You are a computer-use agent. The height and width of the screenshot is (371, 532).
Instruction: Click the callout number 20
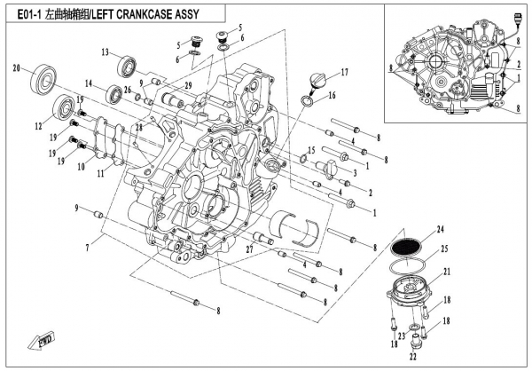[17, 67]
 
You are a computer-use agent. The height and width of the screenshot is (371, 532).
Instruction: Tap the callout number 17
[345, 72]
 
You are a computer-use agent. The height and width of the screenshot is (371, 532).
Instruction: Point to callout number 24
[441, 229]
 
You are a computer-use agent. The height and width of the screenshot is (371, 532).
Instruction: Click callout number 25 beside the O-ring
[445, 249]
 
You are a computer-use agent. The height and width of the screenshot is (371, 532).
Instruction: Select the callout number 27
[249, 250]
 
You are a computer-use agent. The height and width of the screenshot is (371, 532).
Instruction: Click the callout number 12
[38, 127]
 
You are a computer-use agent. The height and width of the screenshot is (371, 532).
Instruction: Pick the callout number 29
[188, 83]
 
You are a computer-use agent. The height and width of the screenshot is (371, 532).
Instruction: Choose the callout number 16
[332, 94]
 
